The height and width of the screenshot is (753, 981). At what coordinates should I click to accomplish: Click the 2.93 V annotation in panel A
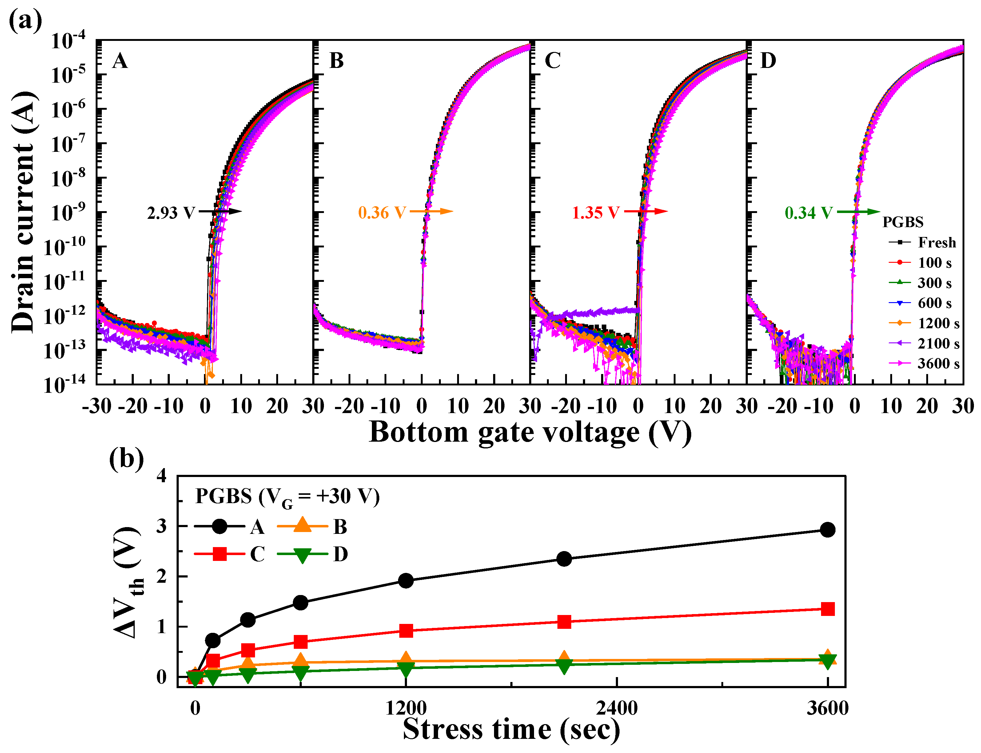pyautogui.click(x=171, y=213)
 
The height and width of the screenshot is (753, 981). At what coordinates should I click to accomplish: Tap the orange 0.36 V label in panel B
pyautogui.click(x=382, y=213)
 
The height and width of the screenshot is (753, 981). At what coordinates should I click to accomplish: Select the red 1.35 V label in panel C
pyautogui.click(x=596, y=213)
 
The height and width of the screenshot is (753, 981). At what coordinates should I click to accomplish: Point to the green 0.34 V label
pyautogui.click(x=808, y=213)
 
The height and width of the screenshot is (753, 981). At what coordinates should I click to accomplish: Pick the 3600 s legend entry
pyautogui.click(x=938, y=364)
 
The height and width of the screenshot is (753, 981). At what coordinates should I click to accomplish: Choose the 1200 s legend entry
pyautogui.click(x=938, y=323)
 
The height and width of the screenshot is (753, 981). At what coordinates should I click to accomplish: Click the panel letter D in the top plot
pyautogui.click(x=768, y=61)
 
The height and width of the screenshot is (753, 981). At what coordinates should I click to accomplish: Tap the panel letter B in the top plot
pyautogui.click(x=337, y=61)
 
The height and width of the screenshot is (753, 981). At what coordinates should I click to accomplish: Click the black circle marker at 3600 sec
pyautogui.click(x=827, y=530)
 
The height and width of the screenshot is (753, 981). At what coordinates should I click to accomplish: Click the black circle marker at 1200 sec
pyautogui.click(x=406, y=581)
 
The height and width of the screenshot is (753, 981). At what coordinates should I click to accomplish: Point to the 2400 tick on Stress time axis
pyautogui.click(x=616, y=708)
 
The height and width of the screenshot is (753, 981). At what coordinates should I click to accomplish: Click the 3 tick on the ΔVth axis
pyautogui.click(x=162, y=526)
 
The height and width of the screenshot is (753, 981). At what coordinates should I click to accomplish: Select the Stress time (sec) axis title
pyautogui.click(x=511, y=729)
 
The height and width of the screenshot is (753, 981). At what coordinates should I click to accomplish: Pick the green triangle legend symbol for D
pyautogui.click(x=302, y=555)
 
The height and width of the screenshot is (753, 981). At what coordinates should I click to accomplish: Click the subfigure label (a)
pyautogui.click(x=25, y=21)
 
